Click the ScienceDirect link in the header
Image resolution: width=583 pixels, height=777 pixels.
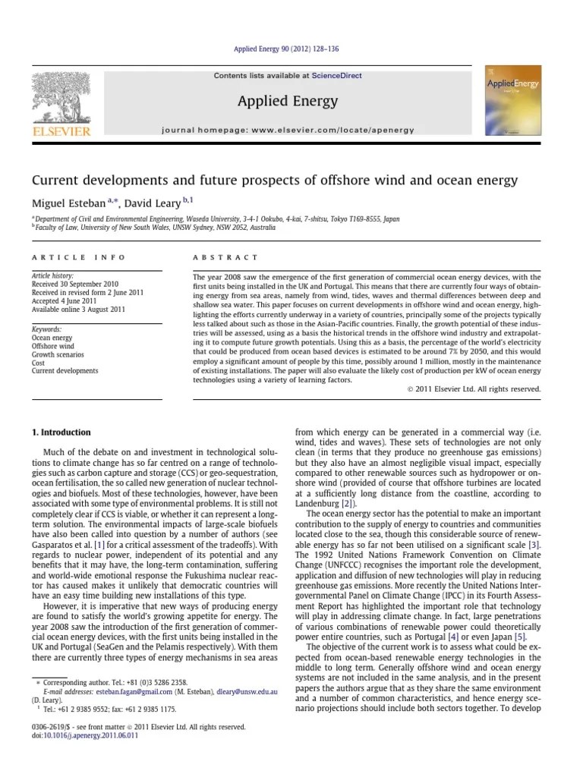point(340,76)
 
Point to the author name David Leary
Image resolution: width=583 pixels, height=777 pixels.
point(156,203)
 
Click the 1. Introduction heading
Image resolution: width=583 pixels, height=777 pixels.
point(61,433)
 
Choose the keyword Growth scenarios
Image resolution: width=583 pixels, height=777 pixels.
point(58,354)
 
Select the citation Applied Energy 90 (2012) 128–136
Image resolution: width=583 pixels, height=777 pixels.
point(291,49)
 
